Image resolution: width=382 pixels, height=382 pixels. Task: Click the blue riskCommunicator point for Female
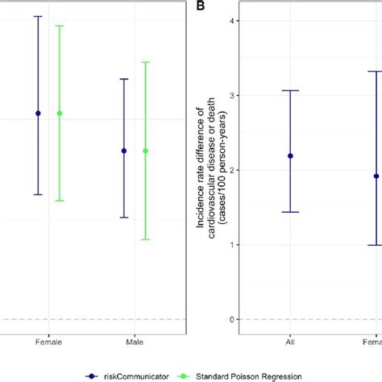pyautogui.click(x=37, y=113)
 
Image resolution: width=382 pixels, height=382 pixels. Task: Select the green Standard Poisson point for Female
pyautogui.click(x=59, y=113)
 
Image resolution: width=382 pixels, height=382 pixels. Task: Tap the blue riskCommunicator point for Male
pyautogui.click(x=124, y=151)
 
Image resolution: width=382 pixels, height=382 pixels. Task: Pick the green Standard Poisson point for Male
pyautogui.click(x=145, y=151)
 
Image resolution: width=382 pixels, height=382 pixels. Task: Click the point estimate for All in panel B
pyautogui.click(x=290, y=156)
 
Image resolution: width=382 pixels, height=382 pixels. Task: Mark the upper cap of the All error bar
pyautogui.click(x=290, y=90)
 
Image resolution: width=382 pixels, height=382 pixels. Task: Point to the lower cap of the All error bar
pyautogui.click(x=290, y=212)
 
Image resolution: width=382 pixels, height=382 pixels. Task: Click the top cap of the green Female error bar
pyautogui.click(x=59, y=26)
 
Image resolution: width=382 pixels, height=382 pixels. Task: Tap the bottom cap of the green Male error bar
pyautogui.click(x=145, y=239)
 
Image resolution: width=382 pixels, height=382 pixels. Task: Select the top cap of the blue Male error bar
pyautogui.click(x=124, y=79)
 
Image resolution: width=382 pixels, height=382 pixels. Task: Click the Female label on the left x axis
pyautogui.click(x=48, y=342)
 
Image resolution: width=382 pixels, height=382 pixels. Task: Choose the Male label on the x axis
pyautogui.click(x=135, y=342)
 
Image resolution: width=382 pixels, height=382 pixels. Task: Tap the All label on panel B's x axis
pyautogui.click(x=290, y=342)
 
